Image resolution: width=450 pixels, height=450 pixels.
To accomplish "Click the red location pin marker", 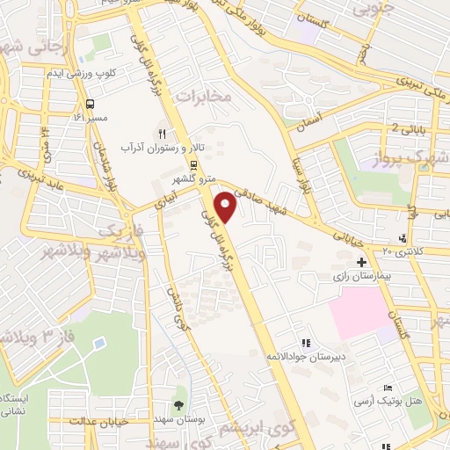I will pyautogui.click(x=228, y=207).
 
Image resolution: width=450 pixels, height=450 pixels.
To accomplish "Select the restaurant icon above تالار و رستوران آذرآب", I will pyautogui.click(x=161, y=132).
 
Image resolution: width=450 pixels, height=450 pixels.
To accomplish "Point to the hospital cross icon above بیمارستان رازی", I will pyautogui.click(x=361, y=262).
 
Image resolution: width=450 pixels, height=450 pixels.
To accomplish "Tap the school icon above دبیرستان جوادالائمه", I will pyautogui.click(x=306, y=344).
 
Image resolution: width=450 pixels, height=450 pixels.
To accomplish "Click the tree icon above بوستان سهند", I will pyautogui.click(x=179, y=405).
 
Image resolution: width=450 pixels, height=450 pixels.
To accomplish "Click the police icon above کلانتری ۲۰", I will pyautogui.click(x=403, y=236).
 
